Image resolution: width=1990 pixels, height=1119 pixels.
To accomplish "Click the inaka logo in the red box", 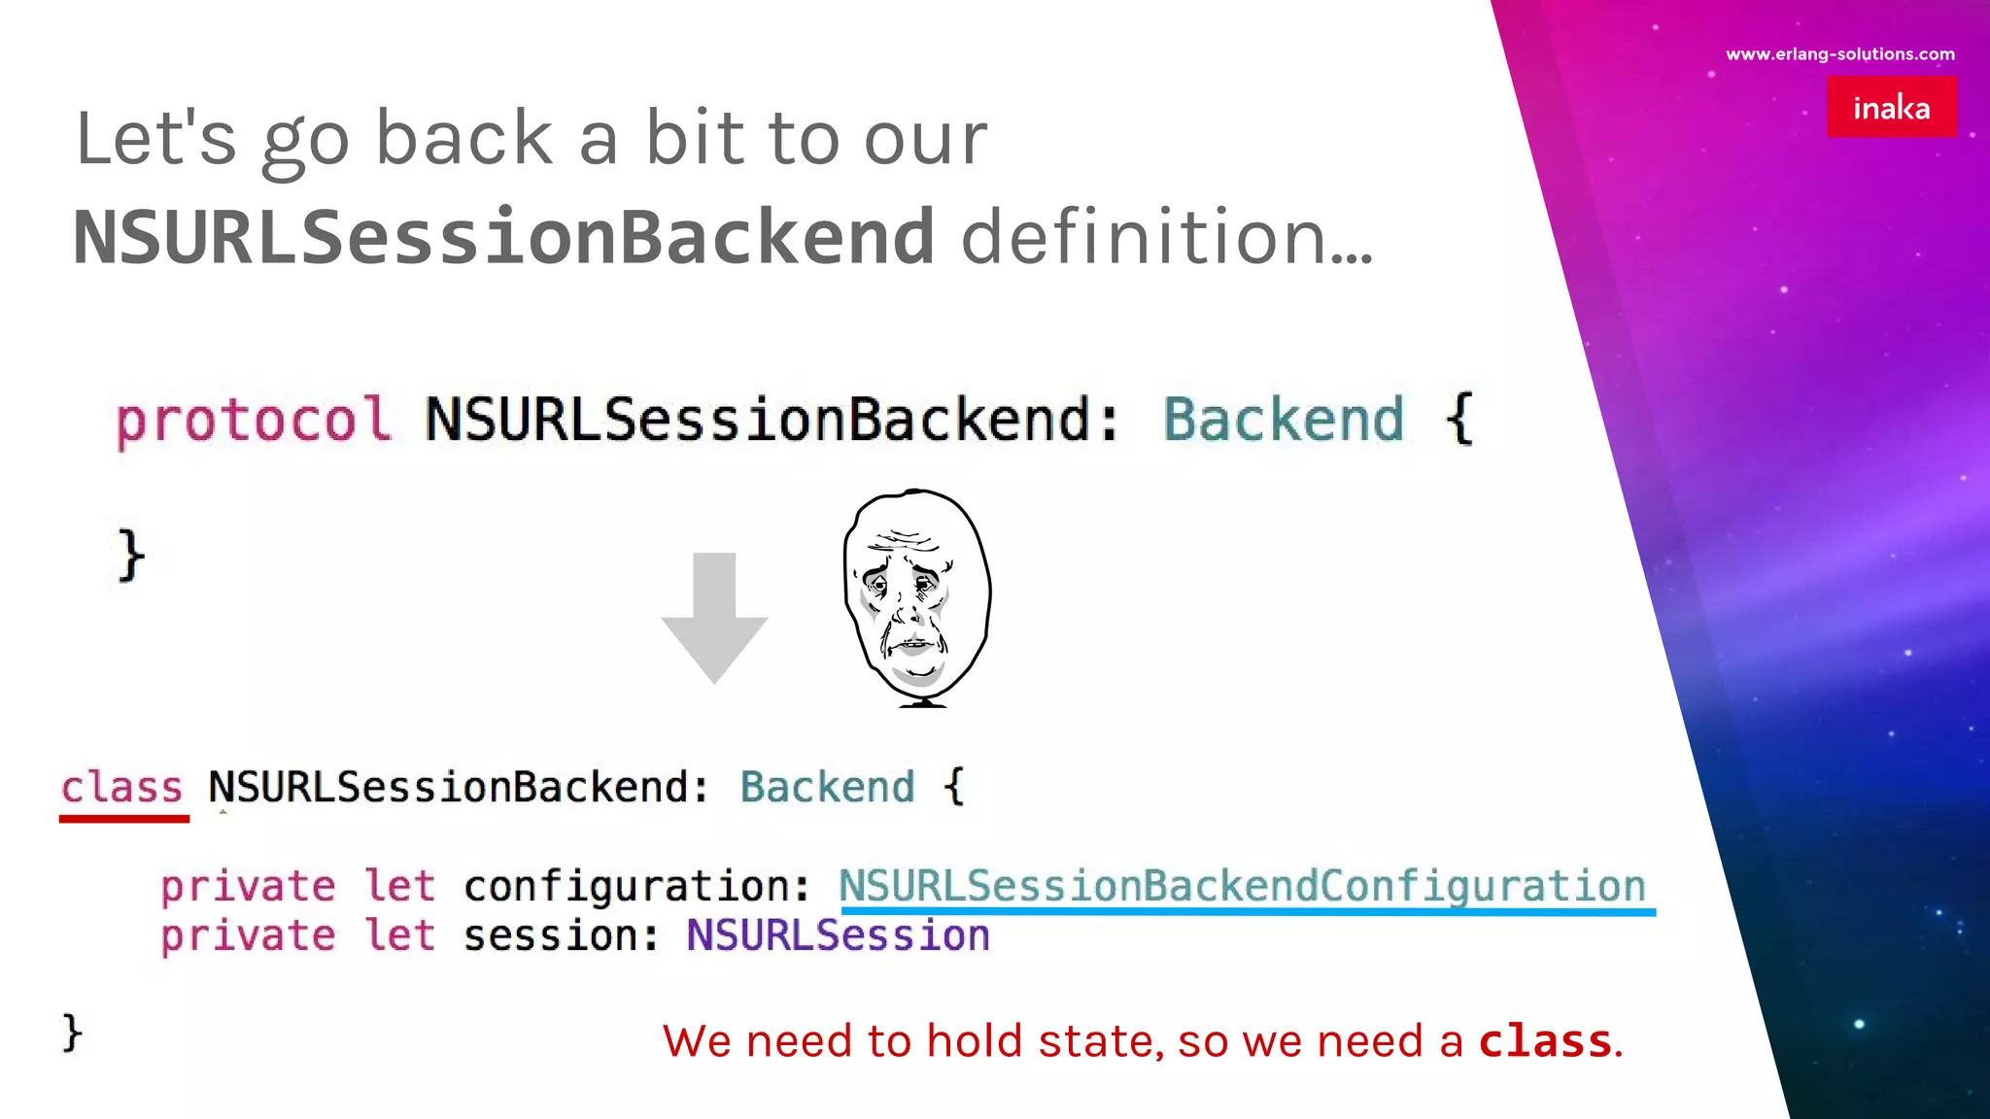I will click(x=1891, y=107).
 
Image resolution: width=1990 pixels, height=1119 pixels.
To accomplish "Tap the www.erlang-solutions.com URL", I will click(x=1839, y=54).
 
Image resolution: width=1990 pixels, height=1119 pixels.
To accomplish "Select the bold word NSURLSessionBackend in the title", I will click(x=504, y=236).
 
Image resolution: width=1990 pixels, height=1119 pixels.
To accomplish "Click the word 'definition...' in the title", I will click(x=1166, y=236).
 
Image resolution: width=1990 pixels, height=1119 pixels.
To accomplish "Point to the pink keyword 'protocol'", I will click(x=253, y=421).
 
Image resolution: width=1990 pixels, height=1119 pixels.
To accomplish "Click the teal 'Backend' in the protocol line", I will click(x=1284, y=420).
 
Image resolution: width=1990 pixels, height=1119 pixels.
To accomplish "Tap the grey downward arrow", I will click(x=714, y=618).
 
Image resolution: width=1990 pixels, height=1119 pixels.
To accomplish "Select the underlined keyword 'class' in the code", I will click(x=122, y=788).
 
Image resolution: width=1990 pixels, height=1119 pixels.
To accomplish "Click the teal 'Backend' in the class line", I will click(x=827, y=787).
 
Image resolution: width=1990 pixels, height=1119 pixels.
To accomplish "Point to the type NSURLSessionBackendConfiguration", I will click(x=1242, y=886).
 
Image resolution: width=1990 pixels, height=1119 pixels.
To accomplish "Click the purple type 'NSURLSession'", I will click(x=838, y=935).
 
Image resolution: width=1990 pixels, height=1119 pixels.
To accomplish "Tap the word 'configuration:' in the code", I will click(x=636, y=886).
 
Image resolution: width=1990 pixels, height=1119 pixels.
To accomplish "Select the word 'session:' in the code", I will click(x=561, y=935).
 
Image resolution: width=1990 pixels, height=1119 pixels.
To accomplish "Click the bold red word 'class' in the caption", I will click(x=1545, y=1041).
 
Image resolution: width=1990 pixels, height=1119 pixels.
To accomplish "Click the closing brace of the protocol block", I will click(x=131, y=556).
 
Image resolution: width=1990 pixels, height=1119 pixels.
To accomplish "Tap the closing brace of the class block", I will click(x=72, y=1032).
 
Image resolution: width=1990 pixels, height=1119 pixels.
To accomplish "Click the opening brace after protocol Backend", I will click(x=1459, y=420).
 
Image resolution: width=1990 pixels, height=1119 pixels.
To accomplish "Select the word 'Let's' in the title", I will click(x=155, y=139).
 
